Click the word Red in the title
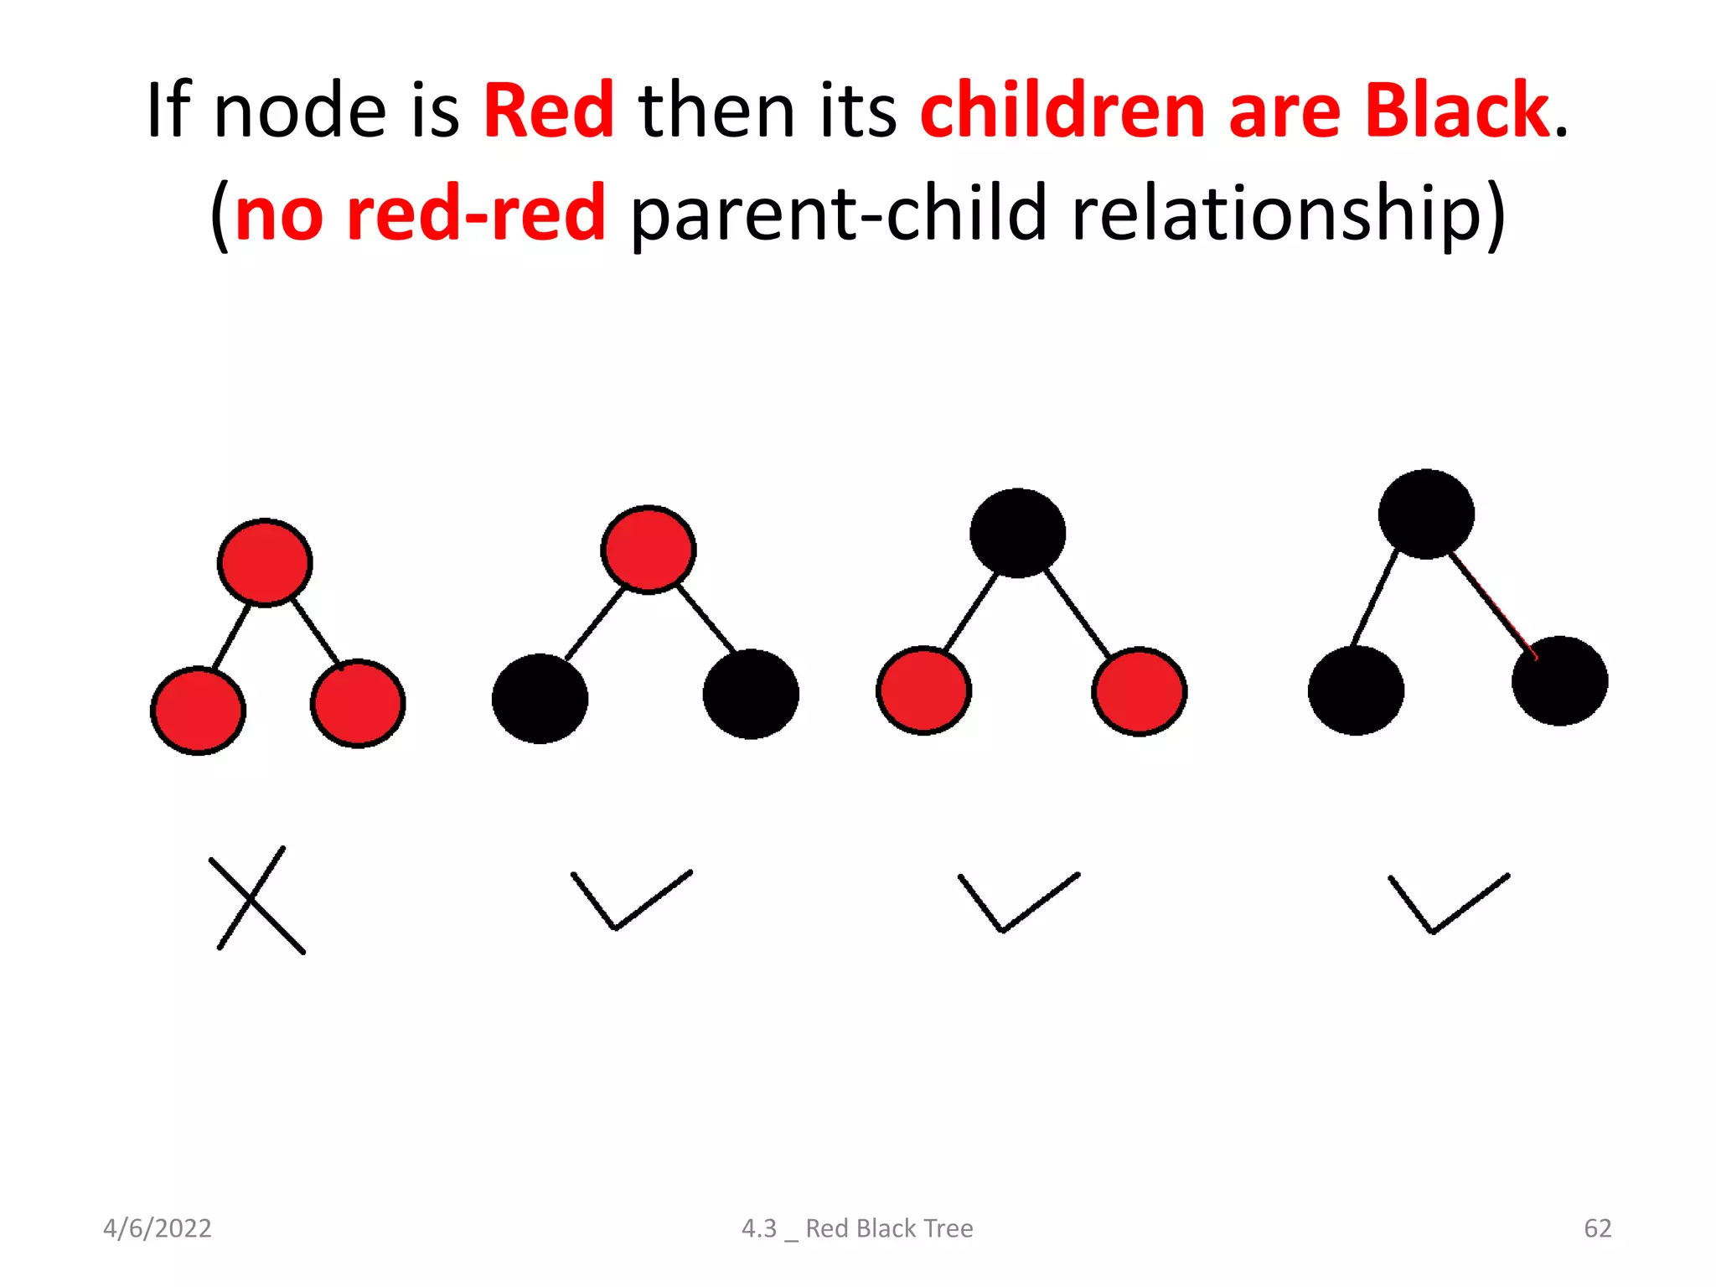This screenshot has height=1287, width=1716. (x=549, y=111)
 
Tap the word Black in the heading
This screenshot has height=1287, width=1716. (x=1456, y=111)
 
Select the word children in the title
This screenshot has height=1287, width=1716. (x=1062, y=111)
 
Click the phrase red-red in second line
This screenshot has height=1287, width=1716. (x=475, y=214)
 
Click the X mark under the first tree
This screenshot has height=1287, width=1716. (x=256, y=900)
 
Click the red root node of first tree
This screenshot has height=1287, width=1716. (x=265, y=562)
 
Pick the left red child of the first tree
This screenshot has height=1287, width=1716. (x=198, y=711)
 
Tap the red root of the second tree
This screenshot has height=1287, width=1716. (x=648, y=550)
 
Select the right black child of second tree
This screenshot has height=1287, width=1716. (x=751, y=694)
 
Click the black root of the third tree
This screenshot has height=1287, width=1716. (x=1017, y=533)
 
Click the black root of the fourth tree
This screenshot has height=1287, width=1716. (x=1426, y=514)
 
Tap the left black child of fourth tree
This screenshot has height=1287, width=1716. (x=1356, y=690)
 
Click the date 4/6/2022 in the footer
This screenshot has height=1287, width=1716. (x=157, y=1228)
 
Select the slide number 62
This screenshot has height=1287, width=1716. (x=1597, y=1228)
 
